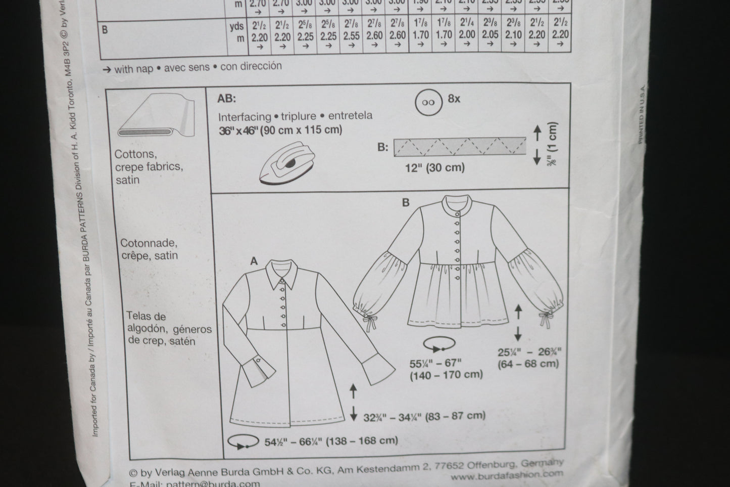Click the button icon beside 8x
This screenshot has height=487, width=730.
click(x=429, y=102)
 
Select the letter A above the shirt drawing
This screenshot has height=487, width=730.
click(x=254, y=261)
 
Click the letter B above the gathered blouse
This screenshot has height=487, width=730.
click(x=406, y=203)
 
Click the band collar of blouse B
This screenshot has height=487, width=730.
click(x=458, y=205)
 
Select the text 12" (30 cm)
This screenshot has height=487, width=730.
click(x=435, y=167)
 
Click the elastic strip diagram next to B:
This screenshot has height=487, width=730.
click(x=460, y=147)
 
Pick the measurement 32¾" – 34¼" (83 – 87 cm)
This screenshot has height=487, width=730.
click(x=424, y=416)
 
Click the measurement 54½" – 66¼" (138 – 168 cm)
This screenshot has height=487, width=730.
click(x=331, y=441)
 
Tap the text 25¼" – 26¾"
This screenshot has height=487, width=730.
click(x=529, y=352)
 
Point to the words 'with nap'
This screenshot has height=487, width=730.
click(x=133, y=68)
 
